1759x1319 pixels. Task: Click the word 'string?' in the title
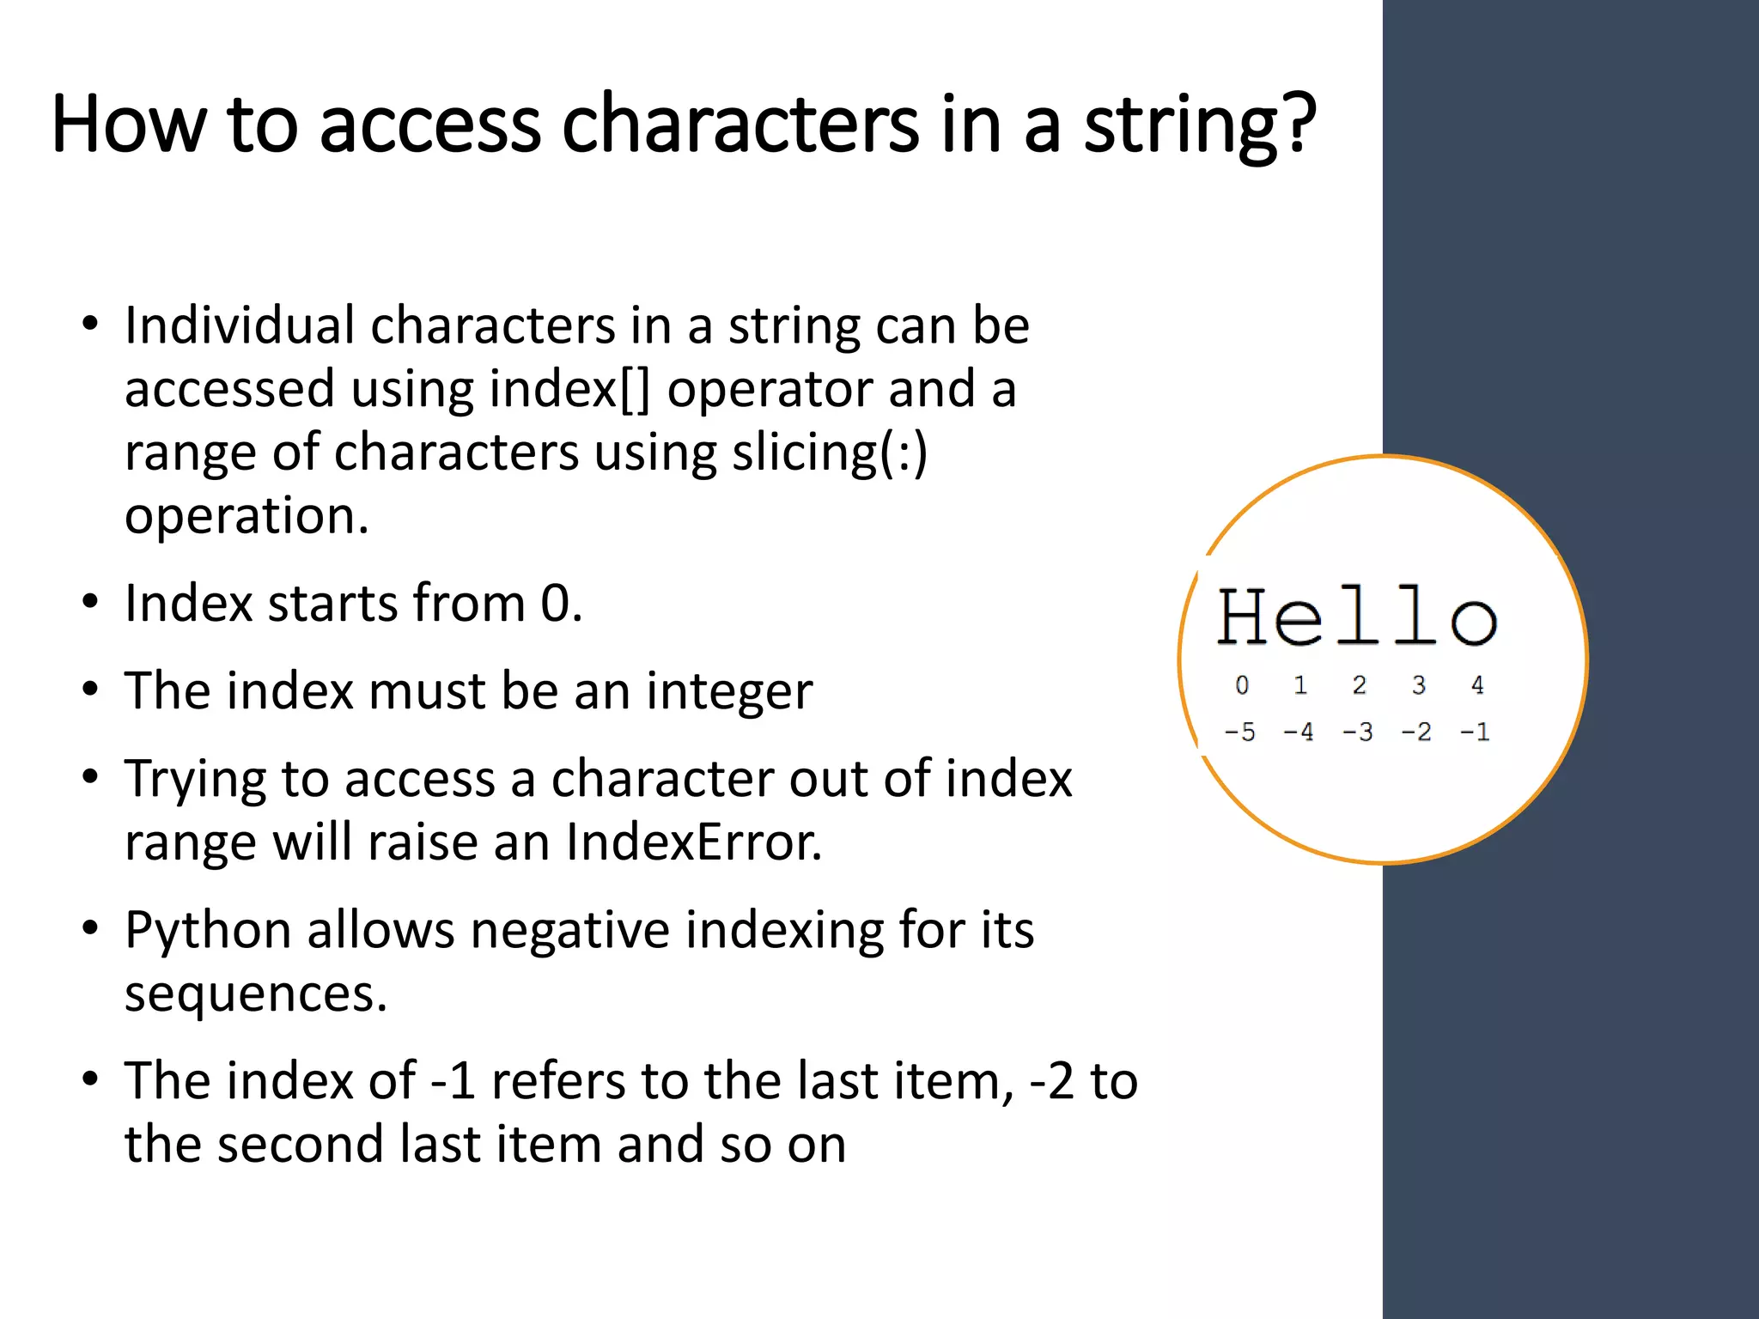[x=1199, y=126]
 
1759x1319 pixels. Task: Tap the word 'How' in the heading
[x=129, y=125]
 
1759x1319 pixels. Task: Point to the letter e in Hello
[x=1300, y=620]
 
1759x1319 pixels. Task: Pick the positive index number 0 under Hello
[x=1242, y=685]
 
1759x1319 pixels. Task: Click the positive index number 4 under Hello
[x=1477, y=685]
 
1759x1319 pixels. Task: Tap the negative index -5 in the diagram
[x=1239, y=732]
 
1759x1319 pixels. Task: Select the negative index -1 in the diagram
[x=1475, y=732]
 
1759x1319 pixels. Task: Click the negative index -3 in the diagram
[x=1357, y=732]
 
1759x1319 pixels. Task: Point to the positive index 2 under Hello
[x=1359, y=685]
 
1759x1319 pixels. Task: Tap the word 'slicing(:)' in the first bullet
[x=830, y=453]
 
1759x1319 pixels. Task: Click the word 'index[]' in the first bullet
[x=569, y=390]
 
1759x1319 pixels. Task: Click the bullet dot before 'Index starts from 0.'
[x=90, y=602]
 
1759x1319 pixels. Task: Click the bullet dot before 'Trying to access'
[x=90, y=777]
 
